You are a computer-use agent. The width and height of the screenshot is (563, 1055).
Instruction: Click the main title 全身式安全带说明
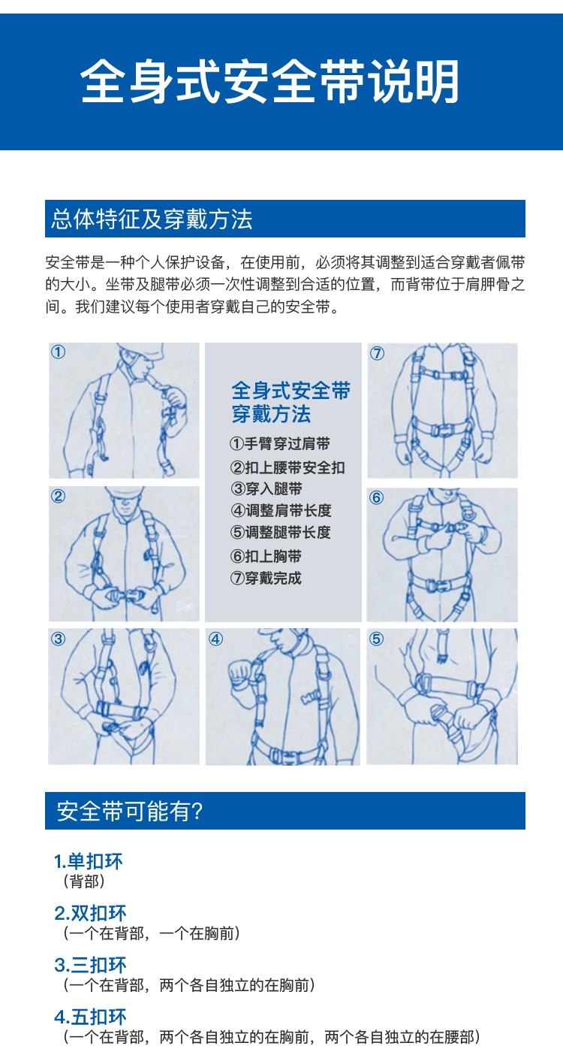pyautogui.click(x=270, y=81)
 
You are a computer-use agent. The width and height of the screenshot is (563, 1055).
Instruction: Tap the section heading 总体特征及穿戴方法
pyautogui.click(x=152, y=219)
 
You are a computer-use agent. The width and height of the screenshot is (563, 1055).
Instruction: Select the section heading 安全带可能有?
pyautogui.click(x=129, y=811)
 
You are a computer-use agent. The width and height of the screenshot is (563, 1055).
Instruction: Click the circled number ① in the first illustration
pyautogui.click(x=59, y=352)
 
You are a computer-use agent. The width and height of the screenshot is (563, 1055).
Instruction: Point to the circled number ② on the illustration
pyautogui.click(x=59, y=496)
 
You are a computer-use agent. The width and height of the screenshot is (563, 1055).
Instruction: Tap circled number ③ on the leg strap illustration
pyautogui.click(x=59, y=639)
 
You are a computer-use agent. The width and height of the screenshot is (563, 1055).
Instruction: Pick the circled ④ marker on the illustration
pyautogui.click(x=215, y=639)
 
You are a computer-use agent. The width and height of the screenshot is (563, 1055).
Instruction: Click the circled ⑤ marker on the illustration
pyautogui.click(x=376, y=639)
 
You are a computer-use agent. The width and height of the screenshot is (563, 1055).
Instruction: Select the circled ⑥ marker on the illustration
pyautogui.click(x=376, y=497)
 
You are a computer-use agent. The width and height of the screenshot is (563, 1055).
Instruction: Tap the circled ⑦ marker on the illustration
pyautogui.click(x=377, y=353)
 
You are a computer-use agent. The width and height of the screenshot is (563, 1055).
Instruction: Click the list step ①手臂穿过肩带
pyautogui.click(x=280, y=443)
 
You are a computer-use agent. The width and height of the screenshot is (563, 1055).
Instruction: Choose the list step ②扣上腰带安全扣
pyautogui.click(x=288, y=467)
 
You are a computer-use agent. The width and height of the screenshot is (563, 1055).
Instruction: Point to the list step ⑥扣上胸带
pyautogui.click(x=266, y=556)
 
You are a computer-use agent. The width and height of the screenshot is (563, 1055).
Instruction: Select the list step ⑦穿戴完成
pyautogui.click(x=266, y=578)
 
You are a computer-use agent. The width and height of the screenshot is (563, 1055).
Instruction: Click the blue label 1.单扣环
pyautogui.click(x=89, y=861)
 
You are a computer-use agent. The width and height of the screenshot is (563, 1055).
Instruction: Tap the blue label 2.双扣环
pyautogui.click(x=90, y=913)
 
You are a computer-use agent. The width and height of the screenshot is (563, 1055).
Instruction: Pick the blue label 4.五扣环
pyautogui.click(x=90, y=1017)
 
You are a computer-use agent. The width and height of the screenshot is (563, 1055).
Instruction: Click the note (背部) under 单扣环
pyautogui.click(x=84, y=881)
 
